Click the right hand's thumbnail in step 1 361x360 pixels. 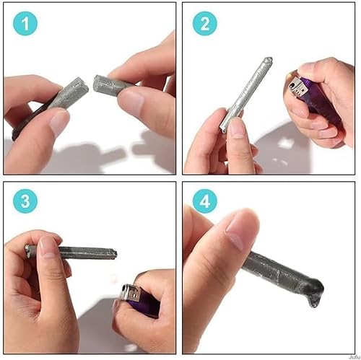point(131,102)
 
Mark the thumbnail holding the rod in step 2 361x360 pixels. point(237,129)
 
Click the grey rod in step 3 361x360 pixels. point(79,253)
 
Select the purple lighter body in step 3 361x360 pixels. point(147,306)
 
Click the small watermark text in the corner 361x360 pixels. point(352,356)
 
